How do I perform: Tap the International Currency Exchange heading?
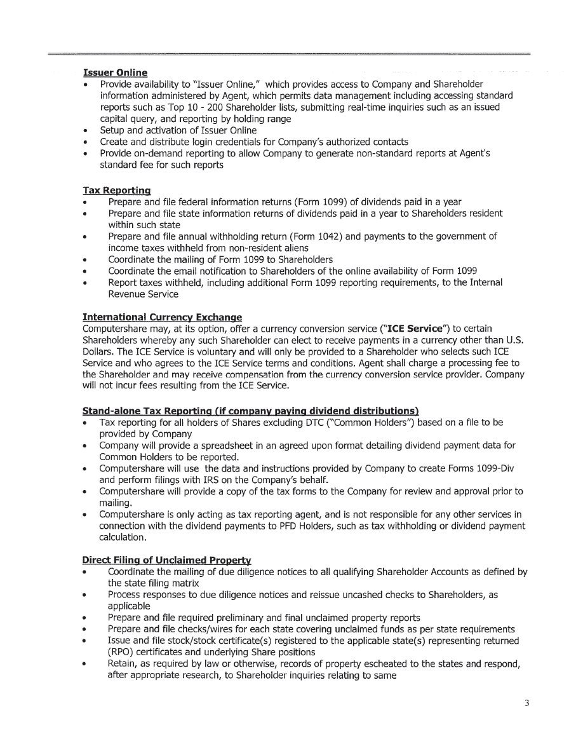162,317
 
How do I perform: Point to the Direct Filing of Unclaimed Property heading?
166,560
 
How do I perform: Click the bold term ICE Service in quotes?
415,329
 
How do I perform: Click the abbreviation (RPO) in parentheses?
120,652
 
